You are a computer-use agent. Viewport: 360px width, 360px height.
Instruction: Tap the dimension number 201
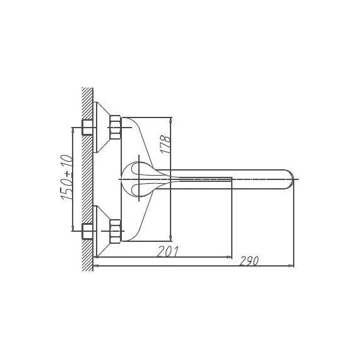(167, 251)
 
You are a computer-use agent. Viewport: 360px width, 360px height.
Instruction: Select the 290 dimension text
(250, 261)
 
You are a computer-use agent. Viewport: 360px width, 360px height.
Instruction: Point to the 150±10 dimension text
(67, 179)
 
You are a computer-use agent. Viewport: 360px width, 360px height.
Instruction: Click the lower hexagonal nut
(115, 232)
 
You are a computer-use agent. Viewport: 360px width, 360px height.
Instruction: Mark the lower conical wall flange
(102, 232)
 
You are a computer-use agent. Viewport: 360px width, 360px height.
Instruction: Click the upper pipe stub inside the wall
(88, 128)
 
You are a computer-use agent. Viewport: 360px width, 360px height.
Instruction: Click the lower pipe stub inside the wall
(88, 232)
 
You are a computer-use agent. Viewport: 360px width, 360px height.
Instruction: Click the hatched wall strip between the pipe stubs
(88, 180)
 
